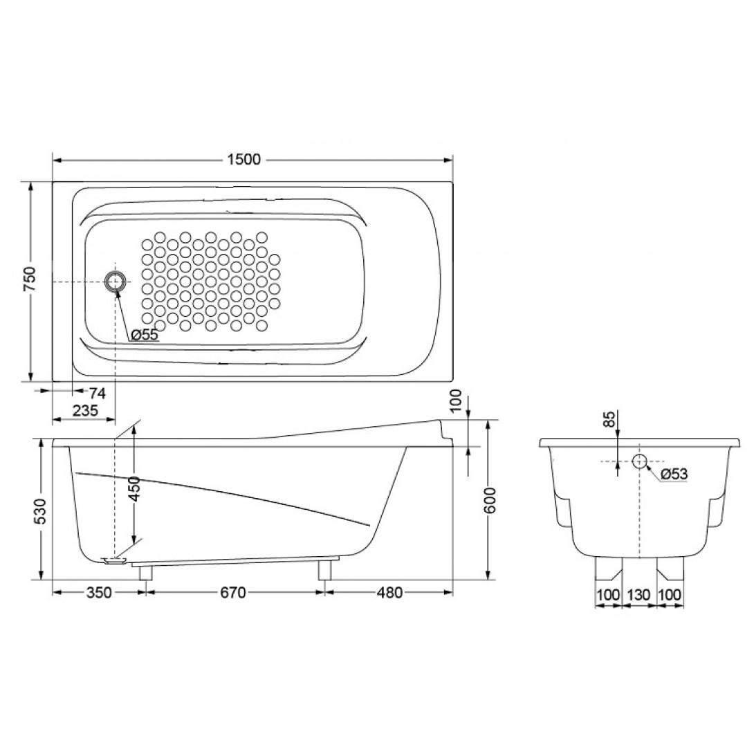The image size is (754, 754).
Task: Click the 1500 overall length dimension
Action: click(x=243, y=159)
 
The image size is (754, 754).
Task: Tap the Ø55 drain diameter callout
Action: click(x=145, y=335)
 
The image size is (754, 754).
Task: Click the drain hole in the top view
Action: click(x=116, y=282)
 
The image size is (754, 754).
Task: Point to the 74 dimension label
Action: click(x=97, y=394)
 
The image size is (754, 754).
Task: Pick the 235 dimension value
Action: click(x=86, y=411)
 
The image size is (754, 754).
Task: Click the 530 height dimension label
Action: click(x=41, y=512)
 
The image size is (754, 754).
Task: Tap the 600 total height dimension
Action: click(x=490, y=500)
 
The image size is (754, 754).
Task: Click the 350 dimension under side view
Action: click(x=99, y=592)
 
